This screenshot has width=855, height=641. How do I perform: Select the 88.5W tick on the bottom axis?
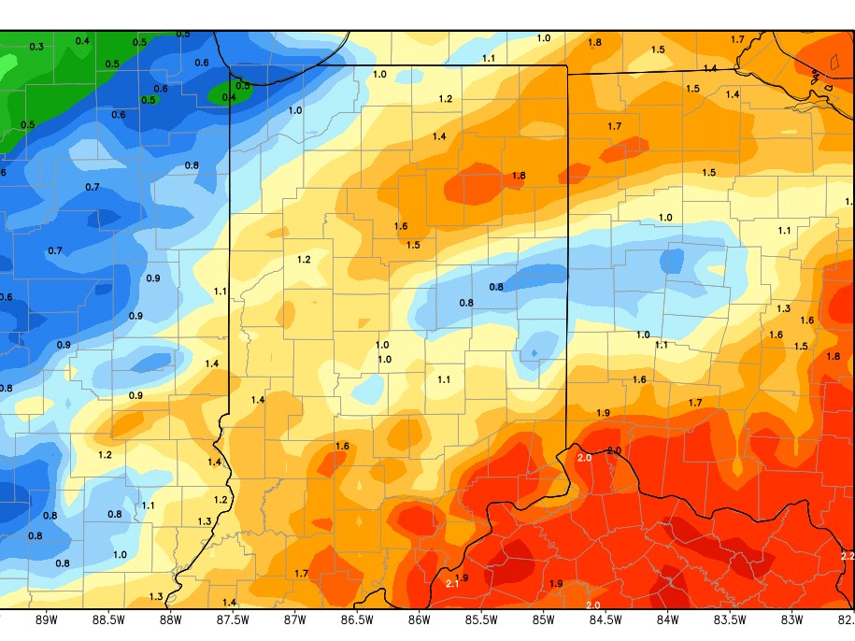(x=108, y=619)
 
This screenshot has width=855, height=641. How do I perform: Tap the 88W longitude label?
(x=170, y=619)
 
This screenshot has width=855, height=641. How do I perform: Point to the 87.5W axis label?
(x=233, y=619)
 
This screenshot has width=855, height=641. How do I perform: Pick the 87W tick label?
(x=294, y=619)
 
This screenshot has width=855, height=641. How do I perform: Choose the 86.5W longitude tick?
(x=357, y=619)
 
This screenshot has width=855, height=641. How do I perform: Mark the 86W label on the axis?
(x=419, y=619)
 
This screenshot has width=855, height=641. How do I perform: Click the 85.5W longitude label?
(x=481, y=619)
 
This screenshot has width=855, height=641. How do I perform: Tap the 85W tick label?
(x=543, y=619)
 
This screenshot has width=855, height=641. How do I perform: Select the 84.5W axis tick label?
(x=606, y=619)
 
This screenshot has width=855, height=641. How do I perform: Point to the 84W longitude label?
(x=667, y=619)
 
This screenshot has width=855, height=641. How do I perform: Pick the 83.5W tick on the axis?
(x=730, y=619)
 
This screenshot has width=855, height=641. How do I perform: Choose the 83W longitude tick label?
(x=791, y=619)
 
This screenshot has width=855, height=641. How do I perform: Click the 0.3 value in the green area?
(x=36, y=47)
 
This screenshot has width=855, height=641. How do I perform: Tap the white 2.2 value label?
(x=848, y=556)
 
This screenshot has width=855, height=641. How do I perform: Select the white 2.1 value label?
(x=450, y=583)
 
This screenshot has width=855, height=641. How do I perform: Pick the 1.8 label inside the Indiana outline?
(x=520, y=176)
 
